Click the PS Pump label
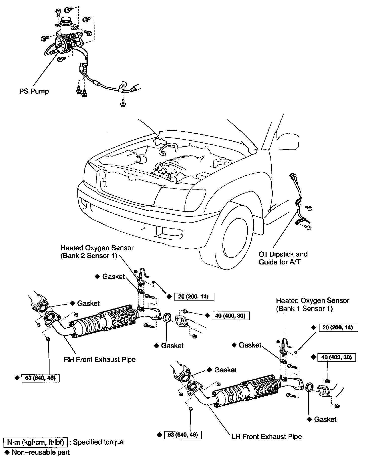pos(34,91)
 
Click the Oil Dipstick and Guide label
pos(283,258)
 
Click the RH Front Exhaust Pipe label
pos(100,359)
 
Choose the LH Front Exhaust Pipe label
pos(267,436)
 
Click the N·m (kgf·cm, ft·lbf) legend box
pos(36,442)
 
